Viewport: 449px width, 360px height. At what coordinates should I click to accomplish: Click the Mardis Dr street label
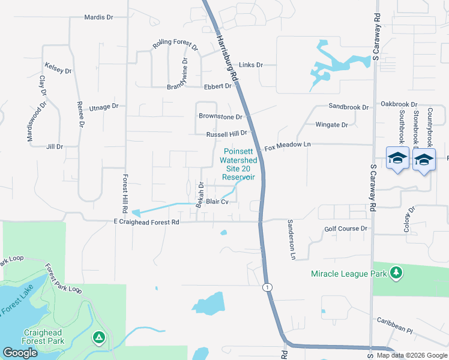(x=98, y=17)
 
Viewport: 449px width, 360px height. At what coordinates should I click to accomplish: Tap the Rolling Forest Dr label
(x=175, y=44)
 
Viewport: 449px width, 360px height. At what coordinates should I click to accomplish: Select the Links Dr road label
(x=251, y=65)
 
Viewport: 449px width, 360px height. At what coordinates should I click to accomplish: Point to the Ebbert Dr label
(x=217, y=86)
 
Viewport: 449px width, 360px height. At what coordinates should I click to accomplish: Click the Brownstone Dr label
(x=220, y=117)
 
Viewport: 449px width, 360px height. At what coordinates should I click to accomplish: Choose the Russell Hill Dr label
(x=227, y=134)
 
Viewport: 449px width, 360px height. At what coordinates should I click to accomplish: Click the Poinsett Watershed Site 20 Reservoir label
(x=238, y=164)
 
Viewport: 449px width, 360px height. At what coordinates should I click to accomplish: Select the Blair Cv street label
(x=217, y=202)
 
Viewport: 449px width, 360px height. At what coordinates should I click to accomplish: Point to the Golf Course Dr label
(x=345, y=229)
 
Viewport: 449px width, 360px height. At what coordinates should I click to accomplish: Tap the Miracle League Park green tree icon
(x=396, y=273)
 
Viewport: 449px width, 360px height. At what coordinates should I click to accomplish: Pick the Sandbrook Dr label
(x=348, y=107)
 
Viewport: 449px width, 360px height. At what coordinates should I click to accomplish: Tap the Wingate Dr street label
(x=331, y=125)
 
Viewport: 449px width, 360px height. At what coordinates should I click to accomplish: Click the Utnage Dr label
(x=104, y=107)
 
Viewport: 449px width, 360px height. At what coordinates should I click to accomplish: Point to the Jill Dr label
(x=55, y=146)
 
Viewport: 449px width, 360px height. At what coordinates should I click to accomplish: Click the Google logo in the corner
(x=20, y=353)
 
